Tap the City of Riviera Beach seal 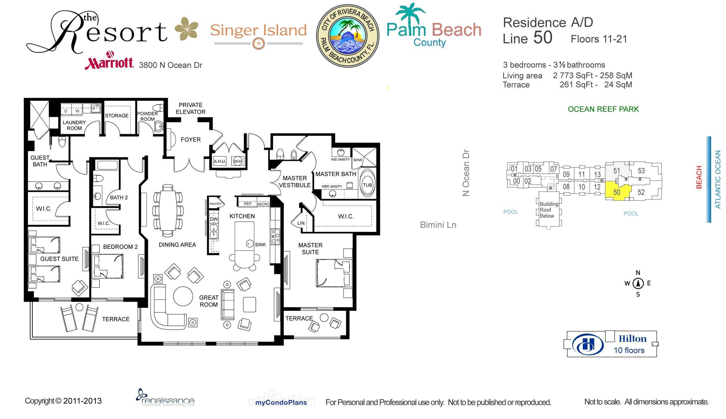coord(347,36)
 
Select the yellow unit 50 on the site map coord(617,192)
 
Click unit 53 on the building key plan coord(641,171)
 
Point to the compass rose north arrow coord(638,283)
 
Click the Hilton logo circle coord(588,344)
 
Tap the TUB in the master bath coord(367,185)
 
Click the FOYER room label coord(191,140)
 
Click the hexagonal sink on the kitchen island coord(249,244)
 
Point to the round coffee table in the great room coord(183,296)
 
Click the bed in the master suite coord(334,273)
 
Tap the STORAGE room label coord(116,115)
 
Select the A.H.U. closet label coord(219,161)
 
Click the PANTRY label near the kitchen coord(216,204)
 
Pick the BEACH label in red coord(699,177)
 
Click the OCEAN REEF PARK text coord(603,109)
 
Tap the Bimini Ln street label coord(438,225)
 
